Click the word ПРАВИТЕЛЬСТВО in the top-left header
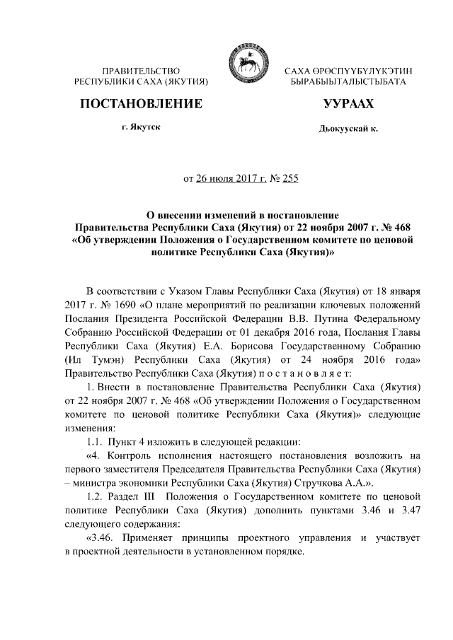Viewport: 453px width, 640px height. [142, 71]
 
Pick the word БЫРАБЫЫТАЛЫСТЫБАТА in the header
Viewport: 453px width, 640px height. [343, 83]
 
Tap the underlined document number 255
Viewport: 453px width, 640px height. [290, 178]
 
